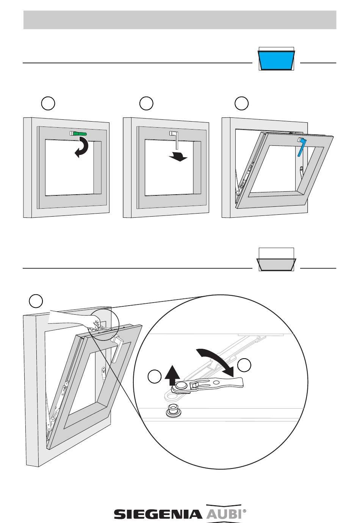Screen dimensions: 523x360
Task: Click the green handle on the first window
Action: (80, 134)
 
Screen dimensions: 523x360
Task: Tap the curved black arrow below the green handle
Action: (83, 147)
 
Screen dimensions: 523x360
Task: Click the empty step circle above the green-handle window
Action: (48, 103)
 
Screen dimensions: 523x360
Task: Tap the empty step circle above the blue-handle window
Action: (241, 103)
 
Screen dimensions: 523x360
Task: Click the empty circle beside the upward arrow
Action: (154, 378)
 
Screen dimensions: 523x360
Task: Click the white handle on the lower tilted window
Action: (117, 351)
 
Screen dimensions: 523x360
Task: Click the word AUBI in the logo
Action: (224, 514)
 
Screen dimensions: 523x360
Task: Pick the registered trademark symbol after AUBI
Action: (244, 511)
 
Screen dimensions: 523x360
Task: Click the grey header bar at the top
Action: (180, 20)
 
